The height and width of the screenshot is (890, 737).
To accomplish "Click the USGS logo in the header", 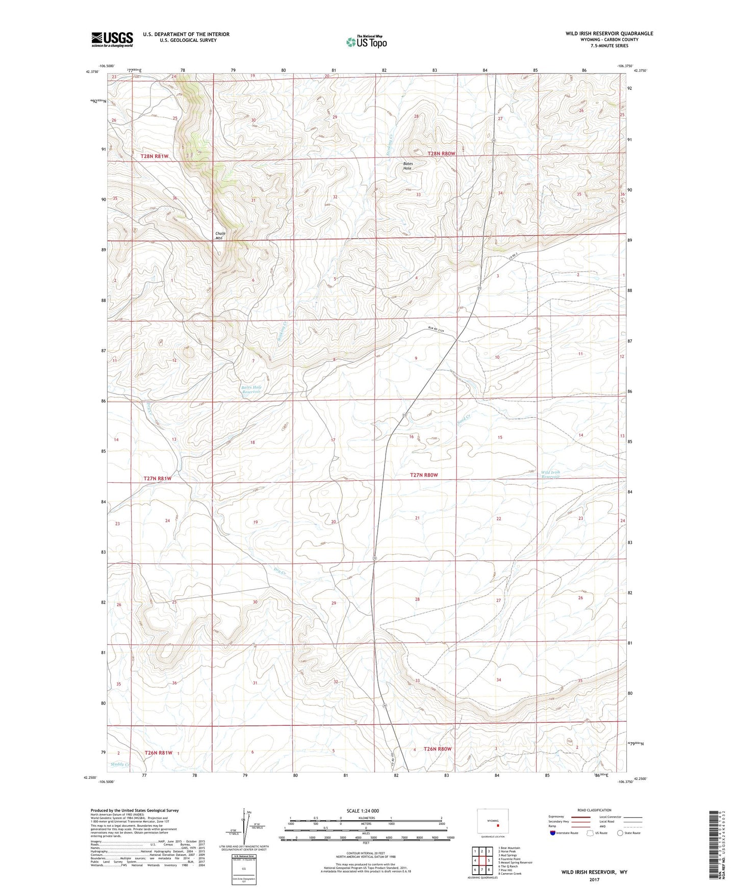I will tap(112, 39).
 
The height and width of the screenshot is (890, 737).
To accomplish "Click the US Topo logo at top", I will tap(366, 42).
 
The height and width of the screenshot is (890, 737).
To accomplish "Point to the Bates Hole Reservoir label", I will tap(251, 389).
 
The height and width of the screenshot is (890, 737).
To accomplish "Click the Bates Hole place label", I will tap(408, 166).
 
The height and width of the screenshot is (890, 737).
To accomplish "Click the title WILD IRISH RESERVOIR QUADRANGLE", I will tap(609, 34).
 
